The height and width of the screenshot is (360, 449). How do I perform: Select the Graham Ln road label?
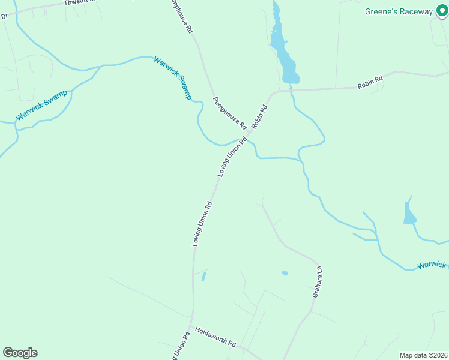click(318, 282)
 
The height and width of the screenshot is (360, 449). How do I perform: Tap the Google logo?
click(20, 353)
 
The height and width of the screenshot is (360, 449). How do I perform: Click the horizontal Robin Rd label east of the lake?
click(370, 82)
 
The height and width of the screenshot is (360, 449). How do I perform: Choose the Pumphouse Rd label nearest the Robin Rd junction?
click(230, 113)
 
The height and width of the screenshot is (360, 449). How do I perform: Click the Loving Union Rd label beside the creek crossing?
click(232, 157)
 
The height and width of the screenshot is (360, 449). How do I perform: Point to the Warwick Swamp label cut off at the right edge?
click(433, 265)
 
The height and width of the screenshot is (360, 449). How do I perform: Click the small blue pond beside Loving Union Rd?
click(203, 277)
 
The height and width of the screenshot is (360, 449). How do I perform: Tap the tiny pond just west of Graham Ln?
click(285, 273)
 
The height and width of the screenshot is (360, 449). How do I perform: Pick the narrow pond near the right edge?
click(409, 213)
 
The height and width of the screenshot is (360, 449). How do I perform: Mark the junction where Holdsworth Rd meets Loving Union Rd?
click(191, 327)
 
